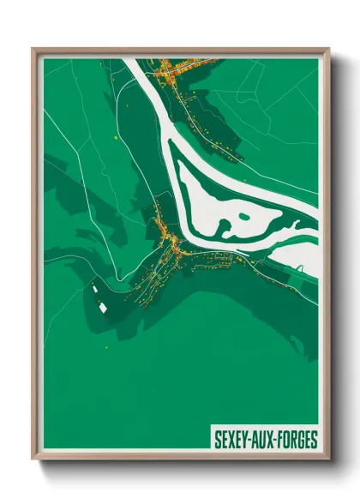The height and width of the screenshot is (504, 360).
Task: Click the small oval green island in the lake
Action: click(225, 227)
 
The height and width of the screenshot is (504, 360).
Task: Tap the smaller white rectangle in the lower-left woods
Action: click(94, 290)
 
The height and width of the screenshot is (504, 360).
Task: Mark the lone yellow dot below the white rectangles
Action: click(106, 346)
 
